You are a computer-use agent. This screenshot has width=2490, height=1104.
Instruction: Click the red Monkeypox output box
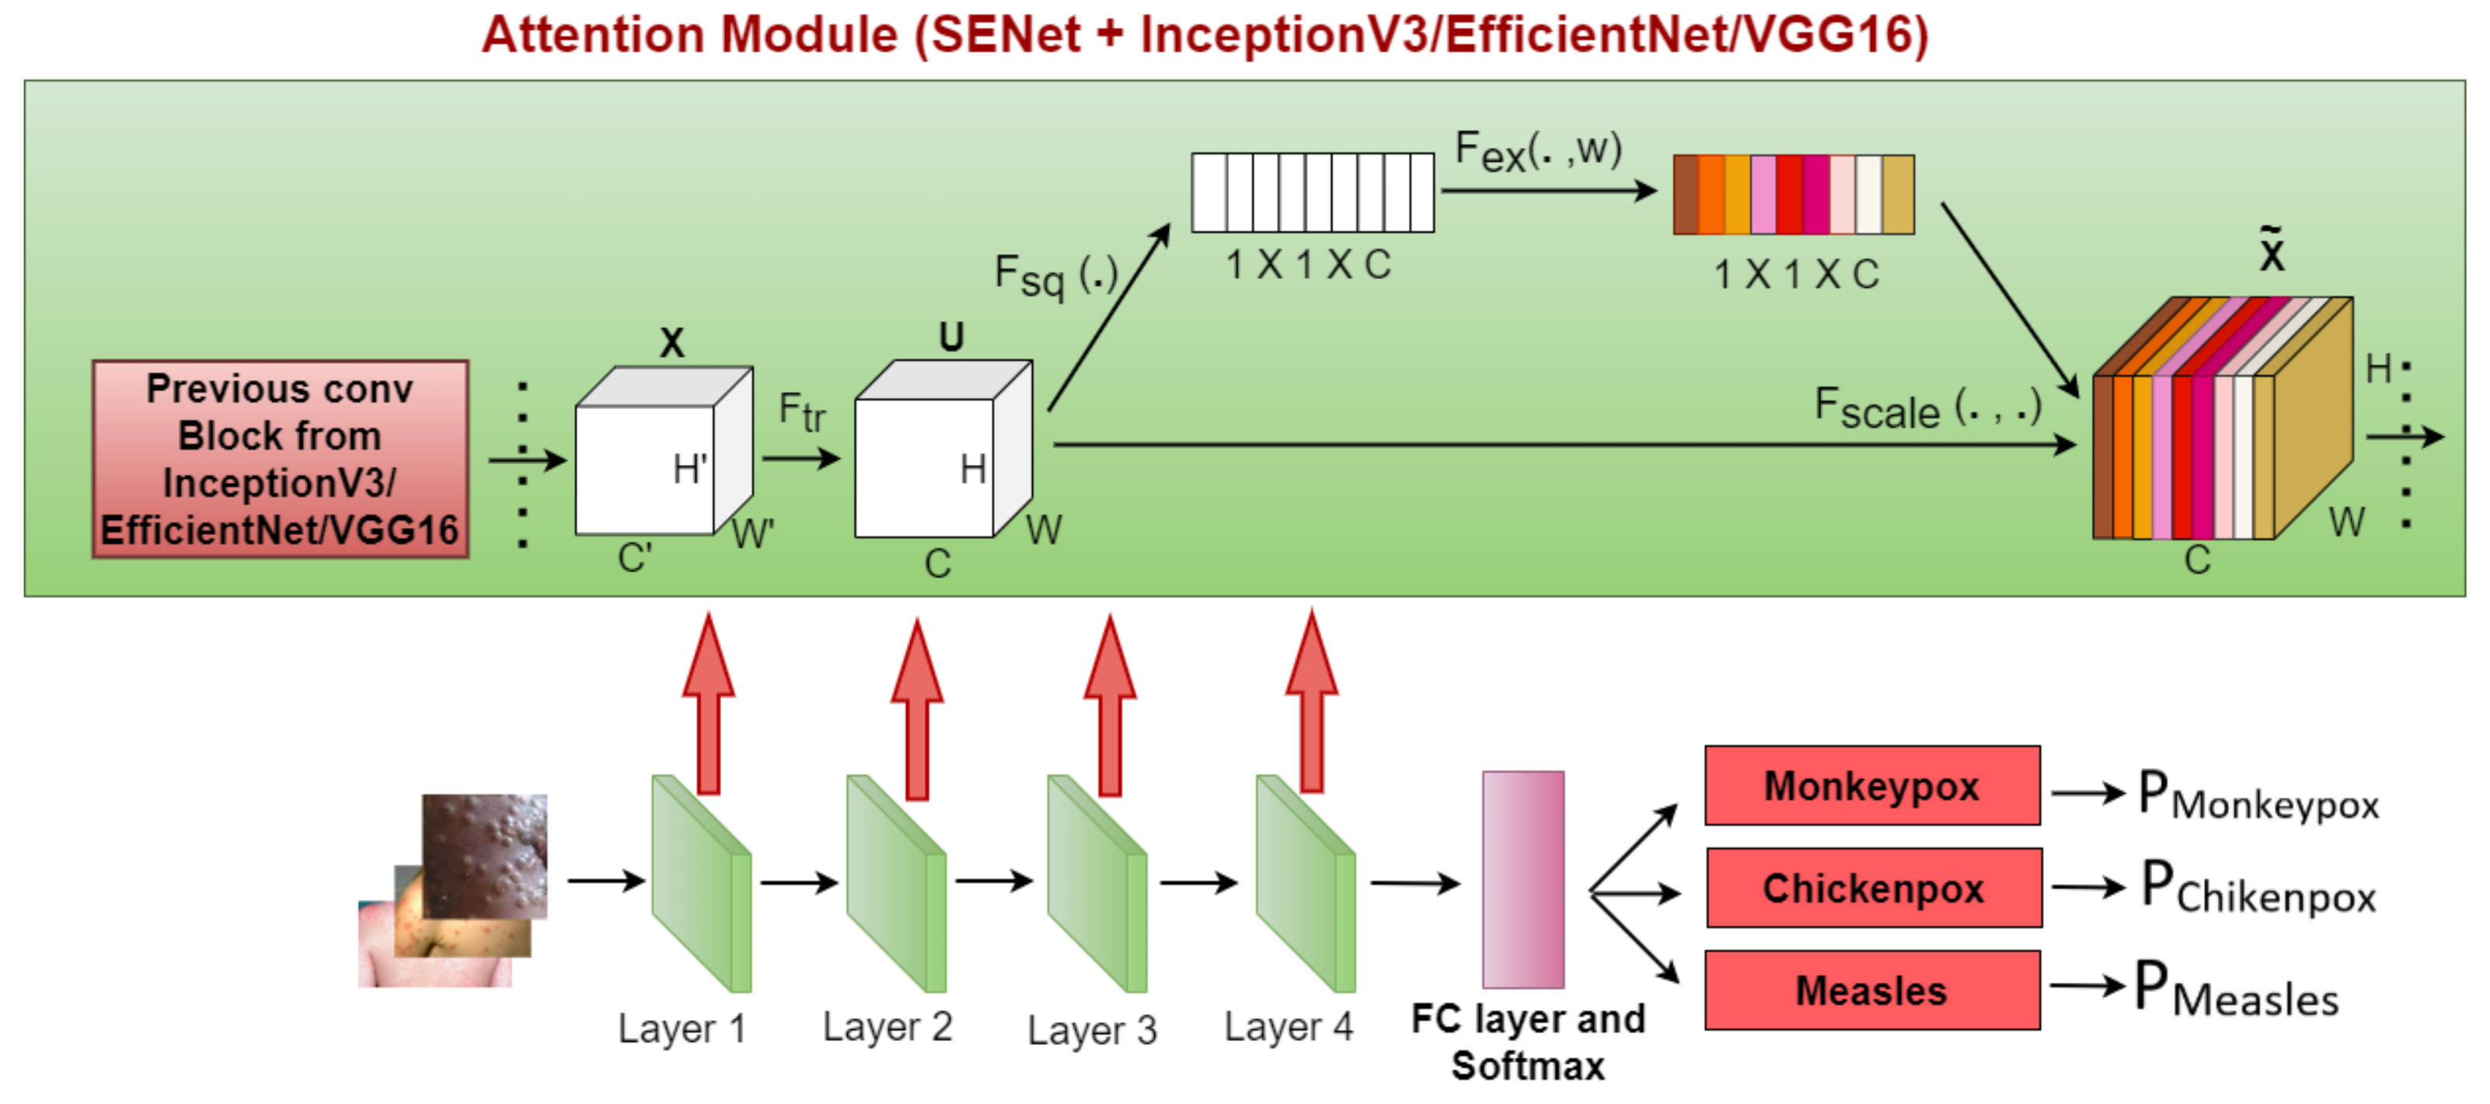pos(1871,785)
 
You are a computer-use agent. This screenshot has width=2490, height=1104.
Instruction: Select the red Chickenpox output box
pos(1873,887)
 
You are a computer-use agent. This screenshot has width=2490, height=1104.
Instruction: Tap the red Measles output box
pos(1871,990)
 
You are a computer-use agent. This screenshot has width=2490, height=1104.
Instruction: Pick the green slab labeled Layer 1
pos(700,885)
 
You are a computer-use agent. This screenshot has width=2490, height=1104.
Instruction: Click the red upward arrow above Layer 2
pos(916,711)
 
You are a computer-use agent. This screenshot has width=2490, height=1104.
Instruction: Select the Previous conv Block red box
pos(281,459)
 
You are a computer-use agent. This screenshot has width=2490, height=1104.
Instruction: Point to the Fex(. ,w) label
pos(1537,151)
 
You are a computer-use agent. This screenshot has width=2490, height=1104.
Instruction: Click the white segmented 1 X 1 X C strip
pos(1312,192)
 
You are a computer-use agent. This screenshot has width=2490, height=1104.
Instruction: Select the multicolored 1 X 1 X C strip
pos(1793,194)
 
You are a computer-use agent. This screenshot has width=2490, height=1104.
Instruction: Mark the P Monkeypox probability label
pos(2257,795)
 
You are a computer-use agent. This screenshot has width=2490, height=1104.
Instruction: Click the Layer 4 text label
pos(1288,1027)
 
